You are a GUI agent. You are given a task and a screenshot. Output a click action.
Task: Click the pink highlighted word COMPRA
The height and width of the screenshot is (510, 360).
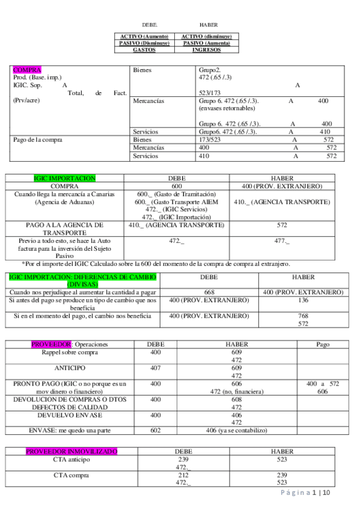[26, 70]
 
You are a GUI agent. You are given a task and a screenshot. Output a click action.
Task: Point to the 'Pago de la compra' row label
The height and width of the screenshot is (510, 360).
[37, 140]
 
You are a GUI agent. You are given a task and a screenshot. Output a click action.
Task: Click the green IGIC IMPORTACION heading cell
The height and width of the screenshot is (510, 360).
[64, 179]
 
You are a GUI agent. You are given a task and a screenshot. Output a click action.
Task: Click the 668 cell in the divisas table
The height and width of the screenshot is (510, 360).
[209, 292]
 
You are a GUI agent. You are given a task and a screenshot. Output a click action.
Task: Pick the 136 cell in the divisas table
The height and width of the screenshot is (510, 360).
[303, 300]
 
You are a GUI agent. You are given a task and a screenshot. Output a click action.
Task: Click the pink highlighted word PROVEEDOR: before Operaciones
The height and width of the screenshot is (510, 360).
[51, 344]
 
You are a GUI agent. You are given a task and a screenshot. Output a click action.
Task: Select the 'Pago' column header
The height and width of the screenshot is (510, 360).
[323, 344]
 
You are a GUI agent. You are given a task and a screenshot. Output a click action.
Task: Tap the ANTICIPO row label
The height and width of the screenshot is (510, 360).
[70, 367]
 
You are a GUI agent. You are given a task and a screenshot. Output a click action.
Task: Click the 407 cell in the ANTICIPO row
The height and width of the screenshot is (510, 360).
[155, 367]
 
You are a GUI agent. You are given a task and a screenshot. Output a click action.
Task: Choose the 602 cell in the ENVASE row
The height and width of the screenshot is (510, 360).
[155, 430]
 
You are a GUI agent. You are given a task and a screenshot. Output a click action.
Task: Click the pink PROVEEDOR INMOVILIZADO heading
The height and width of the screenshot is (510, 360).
[72, 451]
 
